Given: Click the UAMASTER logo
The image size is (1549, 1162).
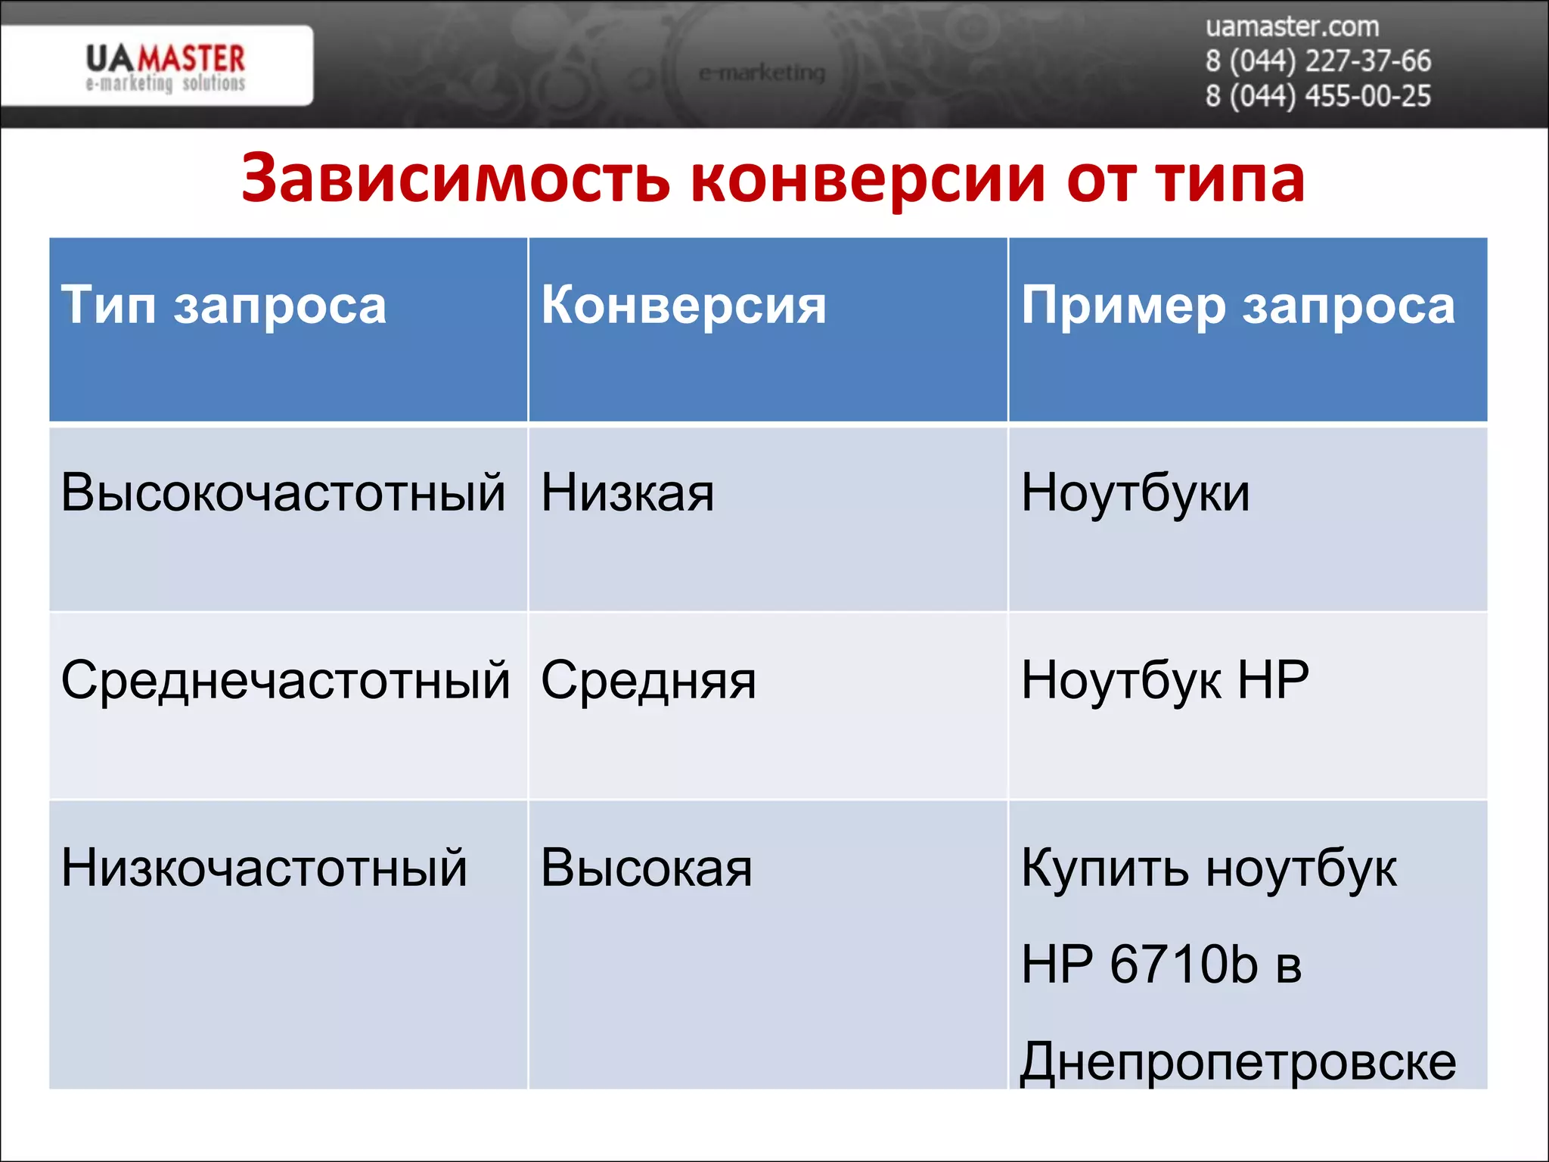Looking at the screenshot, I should point(165,67).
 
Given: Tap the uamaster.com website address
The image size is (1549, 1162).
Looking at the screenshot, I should point(1292,27).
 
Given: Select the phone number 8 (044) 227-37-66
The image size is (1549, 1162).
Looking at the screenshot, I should point(1318,61).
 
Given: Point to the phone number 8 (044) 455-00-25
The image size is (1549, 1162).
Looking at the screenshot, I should point(1318,96).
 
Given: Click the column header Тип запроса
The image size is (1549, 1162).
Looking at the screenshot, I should point(224,306).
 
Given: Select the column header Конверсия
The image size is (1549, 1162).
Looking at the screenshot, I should point(684,306).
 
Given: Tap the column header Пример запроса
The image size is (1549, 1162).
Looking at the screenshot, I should point(1237,306).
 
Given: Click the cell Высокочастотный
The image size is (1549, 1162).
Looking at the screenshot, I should point(283,493).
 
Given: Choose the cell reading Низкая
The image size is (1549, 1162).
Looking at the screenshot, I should point(627,493).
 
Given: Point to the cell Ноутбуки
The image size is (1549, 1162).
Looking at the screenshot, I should point(1135,493).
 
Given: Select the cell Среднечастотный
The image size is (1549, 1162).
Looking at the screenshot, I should point(285,680).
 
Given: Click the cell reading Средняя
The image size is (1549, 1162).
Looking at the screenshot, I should point(648,680).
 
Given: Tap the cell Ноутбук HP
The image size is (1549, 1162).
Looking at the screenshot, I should point(1165,680).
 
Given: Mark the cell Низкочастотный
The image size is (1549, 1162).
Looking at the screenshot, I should point(264,868).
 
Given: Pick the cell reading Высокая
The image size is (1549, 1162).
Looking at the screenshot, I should point(646,868).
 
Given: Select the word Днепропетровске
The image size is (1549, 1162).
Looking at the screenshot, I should point(1237,1061).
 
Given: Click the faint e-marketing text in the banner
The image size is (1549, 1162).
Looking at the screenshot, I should point(762,73).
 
